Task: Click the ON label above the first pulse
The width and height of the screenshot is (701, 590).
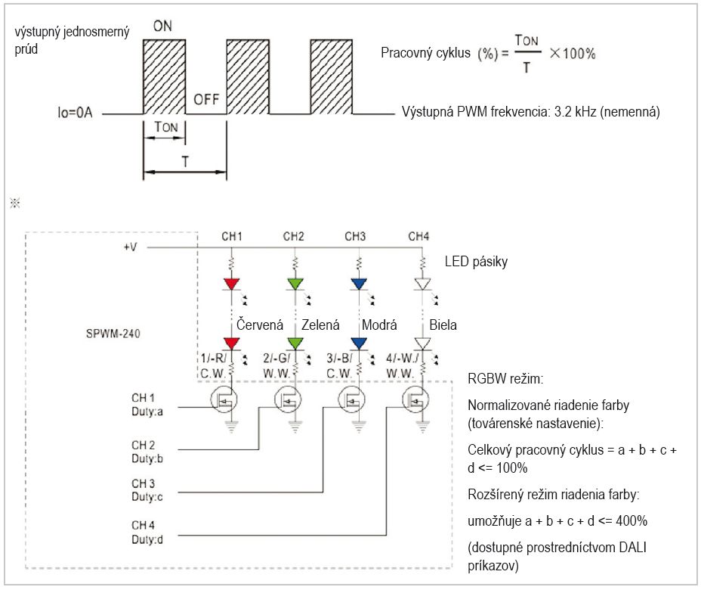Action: click(162, 26)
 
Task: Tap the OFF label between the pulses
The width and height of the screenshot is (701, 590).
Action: click(206, 99)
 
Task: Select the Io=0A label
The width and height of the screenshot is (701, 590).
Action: click(75, 112)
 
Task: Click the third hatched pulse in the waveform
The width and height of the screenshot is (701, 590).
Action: click(332, 76)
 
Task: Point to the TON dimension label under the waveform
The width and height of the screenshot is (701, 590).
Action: click(166, 127)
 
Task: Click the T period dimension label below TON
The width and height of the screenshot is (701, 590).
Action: click(185, 161)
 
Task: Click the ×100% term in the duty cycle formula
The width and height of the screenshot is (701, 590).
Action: click(573, 54)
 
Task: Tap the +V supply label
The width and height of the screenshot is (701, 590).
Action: click(130, 247)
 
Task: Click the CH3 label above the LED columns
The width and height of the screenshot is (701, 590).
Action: click(355, 236)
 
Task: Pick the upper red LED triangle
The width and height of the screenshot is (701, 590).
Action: click(232, 284)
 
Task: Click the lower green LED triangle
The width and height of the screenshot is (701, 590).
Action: click(295, 343)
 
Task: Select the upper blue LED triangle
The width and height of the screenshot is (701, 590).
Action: click(359, 284)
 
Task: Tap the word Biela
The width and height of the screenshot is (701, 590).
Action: click(443, 324)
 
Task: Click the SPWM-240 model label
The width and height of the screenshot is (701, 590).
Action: click(113, 334)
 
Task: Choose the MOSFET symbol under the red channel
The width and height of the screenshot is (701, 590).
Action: click(224, 399)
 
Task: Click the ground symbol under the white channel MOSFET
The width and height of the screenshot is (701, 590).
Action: click(422, 427)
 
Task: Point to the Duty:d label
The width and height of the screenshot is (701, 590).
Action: click(147, 540)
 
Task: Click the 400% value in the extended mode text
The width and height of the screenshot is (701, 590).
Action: click(632, 520)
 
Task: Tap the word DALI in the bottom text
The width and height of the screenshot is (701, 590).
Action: click(632, 547)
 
